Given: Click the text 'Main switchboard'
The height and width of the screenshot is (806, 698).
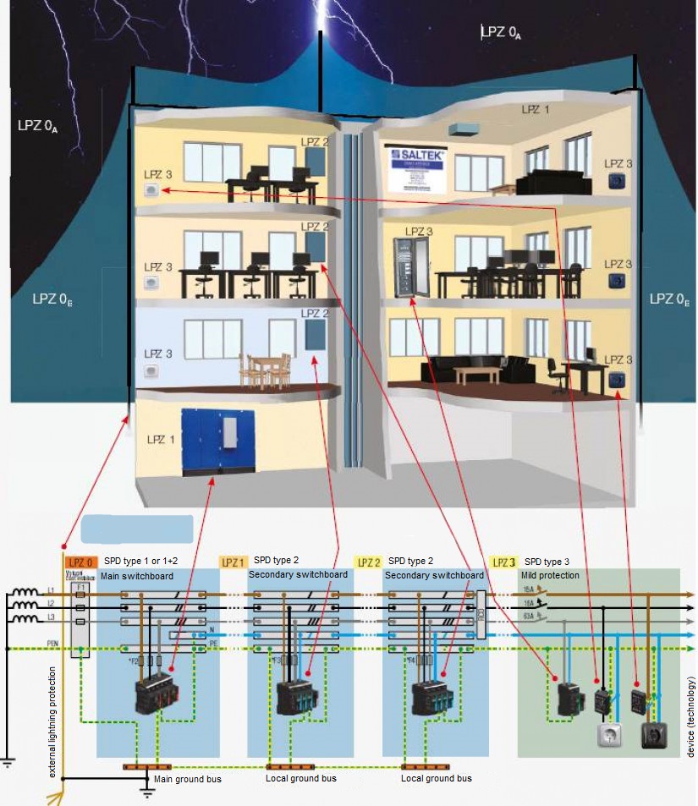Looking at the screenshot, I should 137,576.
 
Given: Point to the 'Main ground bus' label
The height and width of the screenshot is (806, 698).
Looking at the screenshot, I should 187,778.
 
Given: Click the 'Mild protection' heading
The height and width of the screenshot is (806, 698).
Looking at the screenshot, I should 550,575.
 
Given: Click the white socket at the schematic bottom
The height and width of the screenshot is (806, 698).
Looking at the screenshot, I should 608,735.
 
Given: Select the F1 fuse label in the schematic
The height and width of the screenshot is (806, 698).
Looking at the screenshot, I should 80,585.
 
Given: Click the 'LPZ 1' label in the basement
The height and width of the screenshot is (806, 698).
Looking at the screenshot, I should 161,440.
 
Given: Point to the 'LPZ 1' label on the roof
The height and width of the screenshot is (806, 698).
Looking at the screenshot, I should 535,110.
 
